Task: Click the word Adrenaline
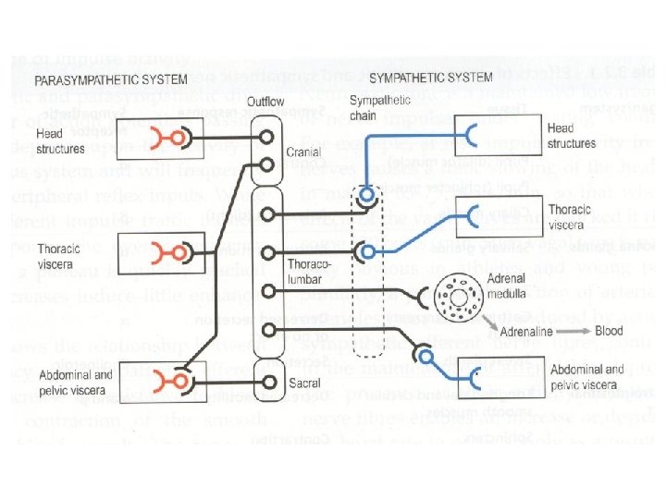(527, 331)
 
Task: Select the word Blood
(610, 331)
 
